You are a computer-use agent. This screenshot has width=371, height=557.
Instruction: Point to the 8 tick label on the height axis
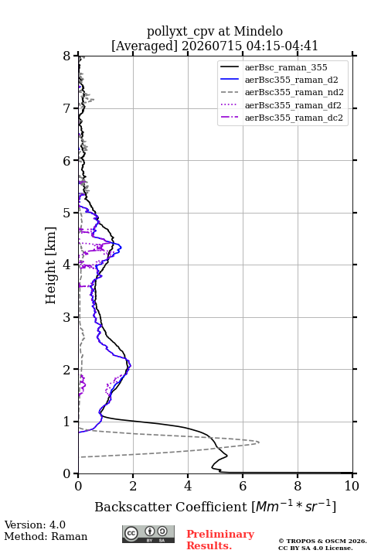click(x=67, y=56)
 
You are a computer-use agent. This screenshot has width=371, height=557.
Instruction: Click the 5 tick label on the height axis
click(x=67, y=213)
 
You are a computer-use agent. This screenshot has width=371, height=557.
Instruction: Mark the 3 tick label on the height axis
click(x=67, y=317)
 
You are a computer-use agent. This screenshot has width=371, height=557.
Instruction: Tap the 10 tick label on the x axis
click(x=352, y=486)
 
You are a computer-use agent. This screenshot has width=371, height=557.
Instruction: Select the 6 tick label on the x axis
click(x=243, y=486)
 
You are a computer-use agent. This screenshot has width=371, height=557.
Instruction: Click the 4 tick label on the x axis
click(x=188, y=486)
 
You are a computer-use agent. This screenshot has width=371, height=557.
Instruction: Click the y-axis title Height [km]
click(x=51, y=265)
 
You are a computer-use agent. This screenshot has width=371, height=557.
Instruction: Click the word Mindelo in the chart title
click(x=258, y=31)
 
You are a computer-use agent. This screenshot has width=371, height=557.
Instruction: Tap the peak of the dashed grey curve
click(x=259, y=443)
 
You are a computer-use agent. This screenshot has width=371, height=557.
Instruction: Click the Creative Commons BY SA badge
click(x=148, y=535)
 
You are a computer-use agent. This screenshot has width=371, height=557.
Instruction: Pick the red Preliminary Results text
click(x=220, y=540)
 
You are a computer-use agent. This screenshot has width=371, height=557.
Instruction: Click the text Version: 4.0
click(x=35, y=525)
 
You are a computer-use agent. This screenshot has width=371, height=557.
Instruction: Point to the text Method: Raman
click(x=46, y=536)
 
